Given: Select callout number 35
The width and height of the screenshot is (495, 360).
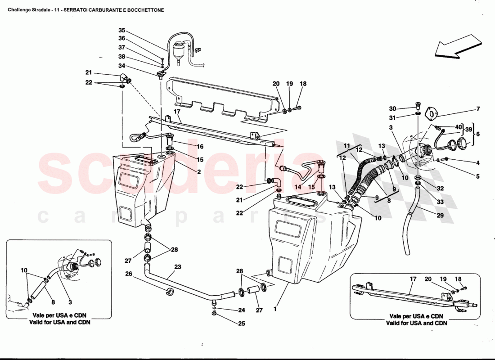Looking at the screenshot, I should click(x=121, y=31).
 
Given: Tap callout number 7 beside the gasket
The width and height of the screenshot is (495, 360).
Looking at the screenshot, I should click(x=478, y=109).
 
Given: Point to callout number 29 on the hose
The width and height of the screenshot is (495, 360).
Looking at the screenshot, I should click(x=440, y=216).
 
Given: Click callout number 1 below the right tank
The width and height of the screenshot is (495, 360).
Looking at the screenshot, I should click(x=275, y=309).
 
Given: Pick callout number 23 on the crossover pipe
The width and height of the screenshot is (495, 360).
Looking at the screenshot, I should click(x=178, y=267).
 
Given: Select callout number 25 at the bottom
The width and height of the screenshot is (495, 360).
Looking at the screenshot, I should click(x=242, y=323).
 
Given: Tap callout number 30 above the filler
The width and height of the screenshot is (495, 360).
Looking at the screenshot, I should click(x=392, y=109).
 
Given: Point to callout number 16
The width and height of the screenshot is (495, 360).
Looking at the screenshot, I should click(x=199, y=147).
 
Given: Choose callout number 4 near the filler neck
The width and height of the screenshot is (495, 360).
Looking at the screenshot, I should click(x=478, y=163).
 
